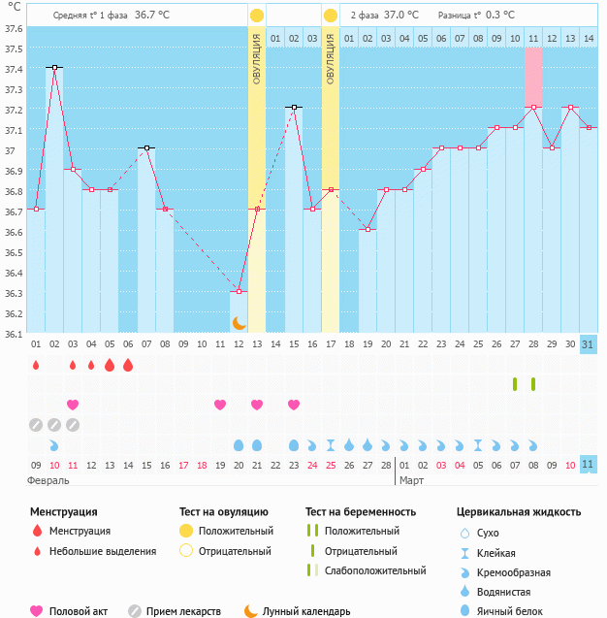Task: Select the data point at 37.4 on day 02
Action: coord(54,67)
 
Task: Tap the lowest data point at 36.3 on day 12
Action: coord(239,291)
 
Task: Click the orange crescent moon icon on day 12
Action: coord(239,322)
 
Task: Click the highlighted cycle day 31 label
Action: coord(589,344)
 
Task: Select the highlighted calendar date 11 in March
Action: coord(589,464)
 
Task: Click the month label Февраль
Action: coord(48,480)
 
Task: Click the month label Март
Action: coord(412,480)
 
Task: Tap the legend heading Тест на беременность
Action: coord(360,511)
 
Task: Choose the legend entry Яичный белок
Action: coord(520,610)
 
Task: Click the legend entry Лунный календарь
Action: coord(305,611)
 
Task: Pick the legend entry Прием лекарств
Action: coord(183,611)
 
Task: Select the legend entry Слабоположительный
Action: coord(374,570)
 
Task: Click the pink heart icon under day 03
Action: coord(73,405)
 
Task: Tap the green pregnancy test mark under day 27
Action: coord(515,384)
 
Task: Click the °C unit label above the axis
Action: coord(15,8)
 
